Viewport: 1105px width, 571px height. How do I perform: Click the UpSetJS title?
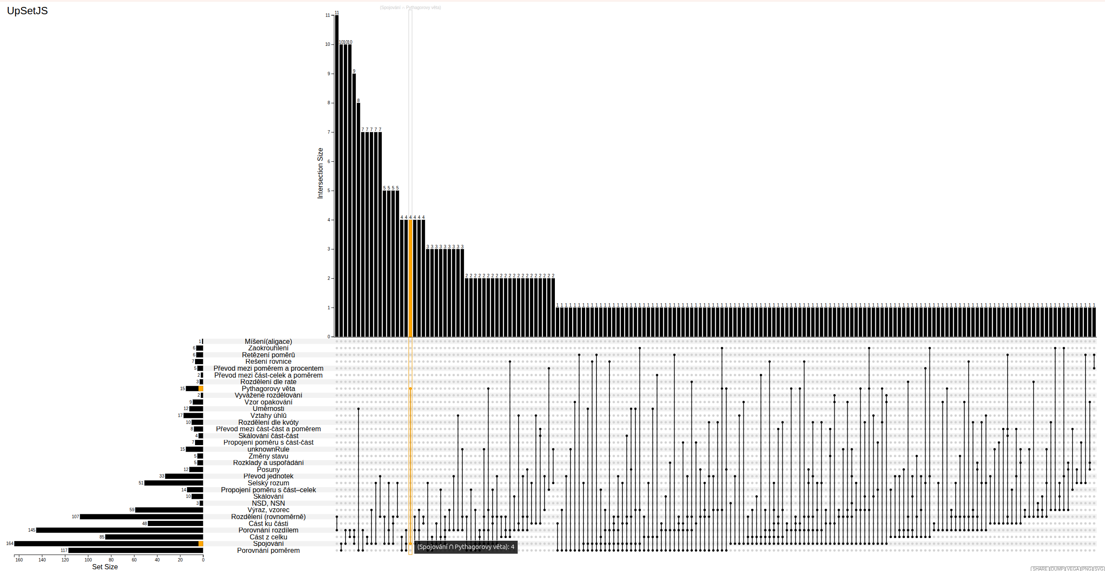click(27, 11)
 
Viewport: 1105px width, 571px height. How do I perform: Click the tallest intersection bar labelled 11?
click(337, 173)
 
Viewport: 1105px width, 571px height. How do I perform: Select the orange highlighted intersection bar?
click(410, 277)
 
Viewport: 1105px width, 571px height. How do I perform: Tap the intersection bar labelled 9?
click(354, 203)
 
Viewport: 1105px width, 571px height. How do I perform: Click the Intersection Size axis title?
click(320, 173)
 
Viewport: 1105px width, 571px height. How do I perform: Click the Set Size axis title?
click(105, 567)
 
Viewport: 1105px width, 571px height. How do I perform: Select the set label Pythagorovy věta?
click(268, 388)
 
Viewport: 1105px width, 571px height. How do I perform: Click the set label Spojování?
click(268, 543)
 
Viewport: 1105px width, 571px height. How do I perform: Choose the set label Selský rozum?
click(268, 483)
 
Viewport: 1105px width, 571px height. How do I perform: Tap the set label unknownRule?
click(268, 449)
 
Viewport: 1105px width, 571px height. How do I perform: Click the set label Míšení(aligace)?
click(268, 341)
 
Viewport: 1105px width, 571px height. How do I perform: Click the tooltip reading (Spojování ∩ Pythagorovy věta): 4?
click(466, 547)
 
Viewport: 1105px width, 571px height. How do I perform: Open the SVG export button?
click(1099, 569)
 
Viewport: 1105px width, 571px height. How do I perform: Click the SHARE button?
click(1040, 569)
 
